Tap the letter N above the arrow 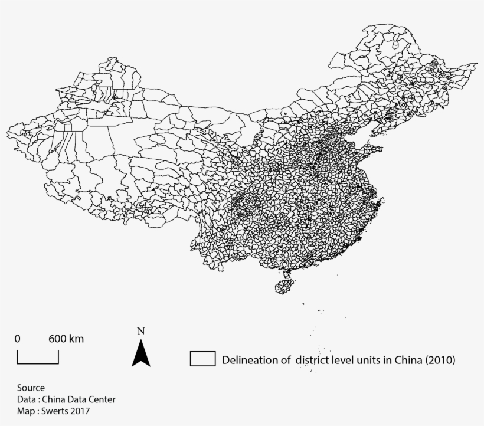[140, 331]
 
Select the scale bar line [38, 362]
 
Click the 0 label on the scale [18, 339]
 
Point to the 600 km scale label [66, 339]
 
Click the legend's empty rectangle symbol [202, 359]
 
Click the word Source [31, 388]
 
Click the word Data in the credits [26, 399]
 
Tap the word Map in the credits [25, 411]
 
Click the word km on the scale [76, 339]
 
